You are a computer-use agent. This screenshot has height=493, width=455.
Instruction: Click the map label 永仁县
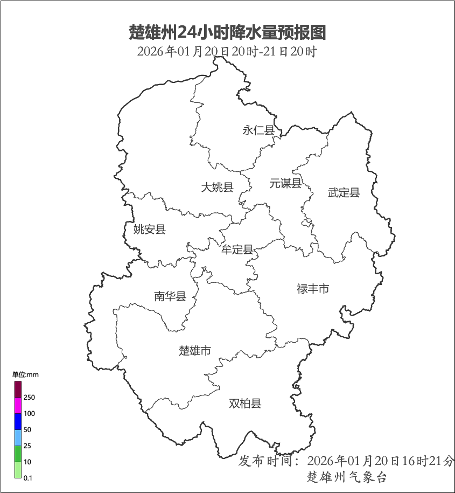tap(258, 130)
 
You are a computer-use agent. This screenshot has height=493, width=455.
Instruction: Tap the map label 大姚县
tap(217, 188)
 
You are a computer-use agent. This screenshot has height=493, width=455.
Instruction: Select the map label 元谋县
tap(285, 183)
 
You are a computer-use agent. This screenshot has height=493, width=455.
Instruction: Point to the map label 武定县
tap(344, 192)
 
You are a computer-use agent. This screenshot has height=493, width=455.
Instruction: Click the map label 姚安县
tap(150, 230)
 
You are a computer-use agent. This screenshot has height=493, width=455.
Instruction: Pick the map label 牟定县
tap(237, 249)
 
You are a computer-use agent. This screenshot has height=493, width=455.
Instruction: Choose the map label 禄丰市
tap(313, 289)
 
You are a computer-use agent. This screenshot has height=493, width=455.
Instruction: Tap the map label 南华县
tap(170, 296)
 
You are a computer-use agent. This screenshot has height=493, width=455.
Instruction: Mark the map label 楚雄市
tap(195, 351)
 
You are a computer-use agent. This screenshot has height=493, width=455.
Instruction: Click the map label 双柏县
tap(245, 403)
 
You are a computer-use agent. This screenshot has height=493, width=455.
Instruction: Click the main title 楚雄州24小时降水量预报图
tap(227, 33)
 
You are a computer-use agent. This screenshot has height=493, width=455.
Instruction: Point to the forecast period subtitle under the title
tap(227, 52)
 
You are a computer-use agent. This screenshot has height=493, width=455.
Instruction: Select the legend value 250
tap(29, 398)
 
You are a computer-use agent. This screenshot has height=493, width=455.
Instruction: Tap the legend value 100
tap(29, 414)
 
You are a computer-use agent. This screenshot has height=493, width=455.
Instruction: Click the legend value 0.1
tap(28, 478)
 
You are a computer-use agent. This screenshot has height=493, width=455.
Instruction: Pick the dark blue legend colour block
tap(18, 422)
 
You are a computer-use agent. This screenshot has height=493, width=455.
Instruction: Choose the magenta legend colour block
tap(18, 406)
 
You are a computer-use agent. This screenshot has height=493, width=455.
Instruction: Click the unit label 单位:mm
tap(26, 374)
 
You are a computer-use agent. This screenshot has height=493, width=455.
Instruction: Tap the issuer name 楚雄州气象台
tap(346, 477)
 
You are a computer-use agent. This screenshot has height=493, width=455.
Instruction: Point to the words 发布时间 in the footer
tap(268, 461)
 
